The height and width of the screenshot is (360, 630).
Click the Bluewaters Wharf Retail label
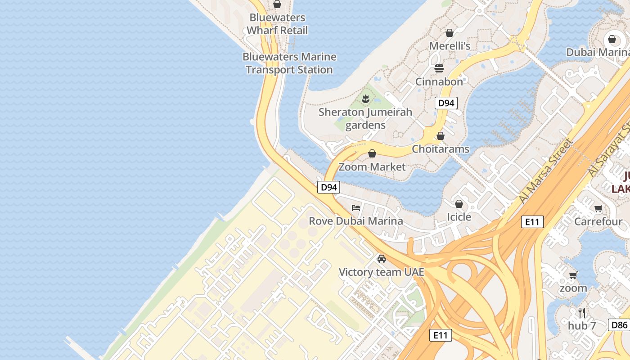[277, 24]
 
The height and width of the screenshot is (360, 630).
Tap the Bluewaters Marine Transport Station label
[289, 63]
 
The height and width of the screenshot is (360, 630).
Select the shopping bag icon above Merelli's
[449, 33]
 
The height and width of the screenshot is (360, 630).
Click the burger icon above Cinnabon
[439, 68]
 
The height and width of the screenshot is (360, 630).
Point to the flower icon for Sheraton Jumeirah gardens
[365, 99]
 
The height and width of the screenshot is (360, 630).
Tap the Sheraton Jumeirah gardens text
[365, 118]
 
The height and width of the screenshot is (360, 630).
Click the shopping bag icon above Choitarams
[441, 136]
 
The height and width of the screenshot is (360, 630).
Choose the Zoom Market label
[372, 167]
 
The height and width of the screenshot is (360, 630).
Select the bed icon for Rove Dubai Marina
[356, 208]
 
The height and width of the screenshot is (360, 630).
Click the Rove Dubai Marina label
[355, 221]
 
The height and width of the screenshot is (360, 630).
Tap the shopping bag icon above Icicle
[459, 204]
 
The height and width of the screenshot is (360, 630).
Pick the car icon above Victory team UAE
[382, 259]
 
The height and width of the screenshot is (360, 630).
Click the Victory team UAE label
[381, 272]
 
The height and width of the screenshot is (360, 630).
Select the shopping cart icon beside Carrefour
[598, 208]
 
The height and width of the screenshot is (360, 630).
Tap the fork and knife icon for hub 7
[582, 312]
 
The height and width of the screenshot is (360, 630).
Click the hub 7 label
[581, 325]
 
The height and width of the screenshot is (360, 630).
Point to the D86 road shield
[619, 324]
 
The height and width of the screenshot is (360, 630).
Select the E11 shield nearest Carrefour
[532, 221]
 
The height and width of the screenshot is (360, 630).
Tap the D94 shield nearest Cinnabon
[446, 103]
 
